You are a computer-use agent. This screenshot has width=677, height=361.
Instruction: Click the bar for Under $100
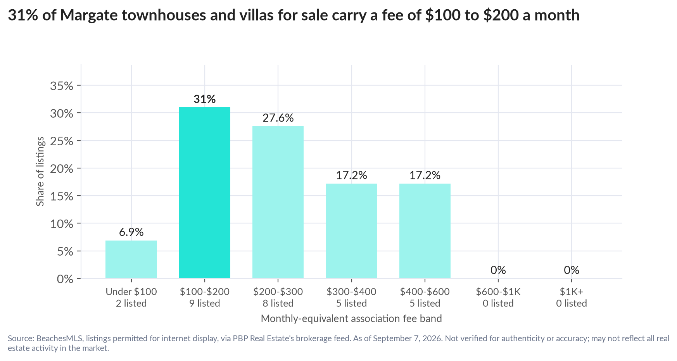[131, 260]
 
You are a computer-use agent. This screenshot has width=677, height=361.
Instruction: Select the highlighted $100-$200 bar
[205, 193]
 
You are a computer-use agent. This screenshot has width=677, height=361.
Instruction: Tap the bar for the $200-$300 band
[278, 202]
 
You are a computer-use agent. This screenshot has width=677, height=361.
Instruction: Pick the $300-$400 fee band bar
[351, 231]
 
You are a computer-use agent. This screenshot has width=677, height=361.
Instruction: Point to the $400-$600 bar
[425, 231]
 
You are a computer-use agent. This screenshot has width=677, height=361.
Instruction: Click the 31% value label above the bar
[205, 99]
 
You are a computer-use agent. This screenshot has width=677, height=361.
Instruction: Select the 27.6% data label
[278, 118]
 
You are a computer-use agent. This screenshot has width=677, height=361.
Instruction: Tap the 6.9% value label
[131, 232]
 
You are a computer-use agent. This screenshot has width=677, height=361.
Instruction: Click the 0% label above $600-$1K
[498, 270]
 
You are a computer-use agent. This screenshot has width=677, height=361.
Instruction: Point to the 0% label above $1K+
[572, 270]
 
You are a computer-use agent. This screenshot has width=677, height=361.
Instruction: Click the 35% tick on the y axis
[62, 86]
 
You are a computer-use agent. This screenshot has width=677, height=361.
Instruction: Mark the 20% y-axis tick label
[62, 168]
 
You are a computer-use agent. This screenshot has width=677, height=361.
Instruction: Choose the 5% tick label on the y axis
[65, 251]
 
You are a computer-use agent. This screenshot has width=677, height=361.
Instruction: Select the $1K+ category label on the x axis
[572, 292]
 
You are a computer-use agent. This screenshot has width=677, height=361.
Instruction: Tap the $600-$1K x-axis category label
[498, 292]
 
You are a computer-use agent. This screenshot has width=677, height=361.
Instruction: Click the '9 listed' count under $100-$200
[205, 303]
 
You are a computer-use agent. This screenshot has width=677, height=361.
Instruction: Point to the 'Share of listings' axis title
[40, 172]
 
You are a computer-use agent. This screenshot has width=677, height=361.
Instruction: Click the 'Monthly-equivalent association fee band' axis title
[351, 319]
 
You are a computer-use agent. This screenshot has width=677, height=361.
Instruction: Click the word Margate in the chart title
[88, 15]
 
